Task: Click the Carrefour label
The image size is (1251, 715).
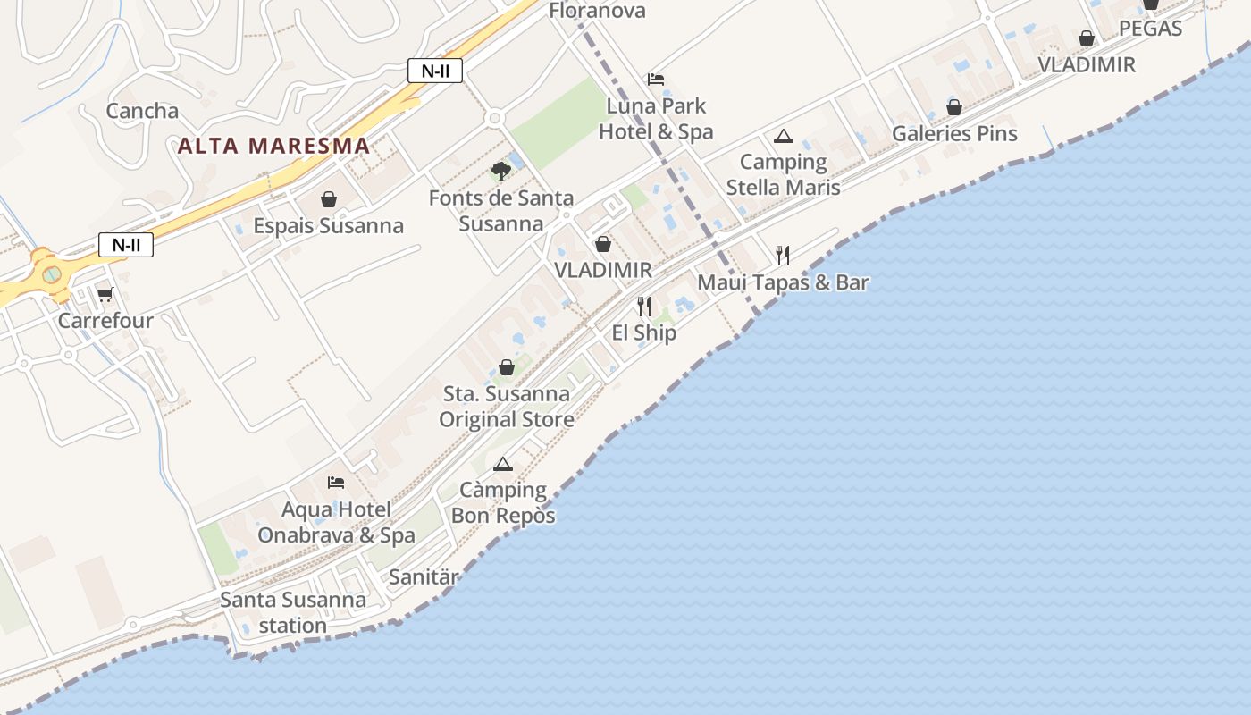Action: pyautogui.click(x=105, y=320)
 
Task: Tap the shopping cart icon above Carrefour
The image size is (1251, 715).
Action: pyautogui.click(x=105, y=294)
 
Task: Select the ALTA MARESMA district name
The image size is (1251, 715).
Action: pyautogui.click(x=273, y=145)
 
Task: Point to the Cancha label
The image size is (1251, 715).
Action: pyautogui.click(x=142, y=111)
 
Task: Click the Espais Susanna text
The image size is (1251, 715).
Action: pyautogui.click(x=328, y=225)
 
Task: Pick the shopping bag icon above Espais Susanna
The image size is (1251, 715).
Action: pyautogui.click(x=328, y=198)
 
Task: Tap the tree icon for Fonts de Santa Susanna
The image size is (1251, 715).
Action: pyautogui.click(x=500, y=170)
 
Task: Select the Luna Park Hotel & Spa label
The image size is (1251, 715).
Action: pyautogui.click(x=656, y=119)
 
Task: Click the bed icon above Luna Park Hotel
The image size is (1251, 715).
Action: pyautogui.click(x=656, y=79)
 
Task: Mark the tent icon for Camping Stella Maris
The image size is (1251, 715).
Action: pyautogui.click(x=784, y=136)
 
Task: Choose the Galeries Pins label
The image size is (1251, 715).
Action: pyautogui.click(x=954, y=133)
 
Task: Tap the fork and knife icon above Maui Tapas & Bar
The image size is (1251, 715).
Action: pyautogui.click(x=783, y=256)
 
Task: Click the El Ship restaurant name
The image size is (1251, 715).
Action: pyautogui.click(x=643, y=332)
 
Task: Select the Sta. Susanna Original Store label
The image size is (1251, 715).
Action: pyautogui.click(x=506, y=406)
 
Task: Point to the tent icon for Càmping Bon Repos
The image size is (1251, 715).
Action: pyautogui.click(x=503, y=464)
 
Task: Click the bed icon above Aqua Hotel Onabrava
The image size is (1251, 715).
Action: pyautogui.click(x=336, y=483)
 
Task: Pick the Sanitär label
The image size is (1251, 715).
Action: pyautogui.click(x=424, y=576)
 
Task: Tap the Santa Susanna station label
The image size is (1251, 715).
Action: pyautogui.click(x=293, y=612)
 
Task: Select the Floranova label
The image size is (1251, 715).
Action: pyautogui.click(x=597, y=11)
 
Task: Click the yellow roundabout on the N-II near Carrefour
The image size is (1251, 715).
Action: pyautogui.click(x=51, y=272)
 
